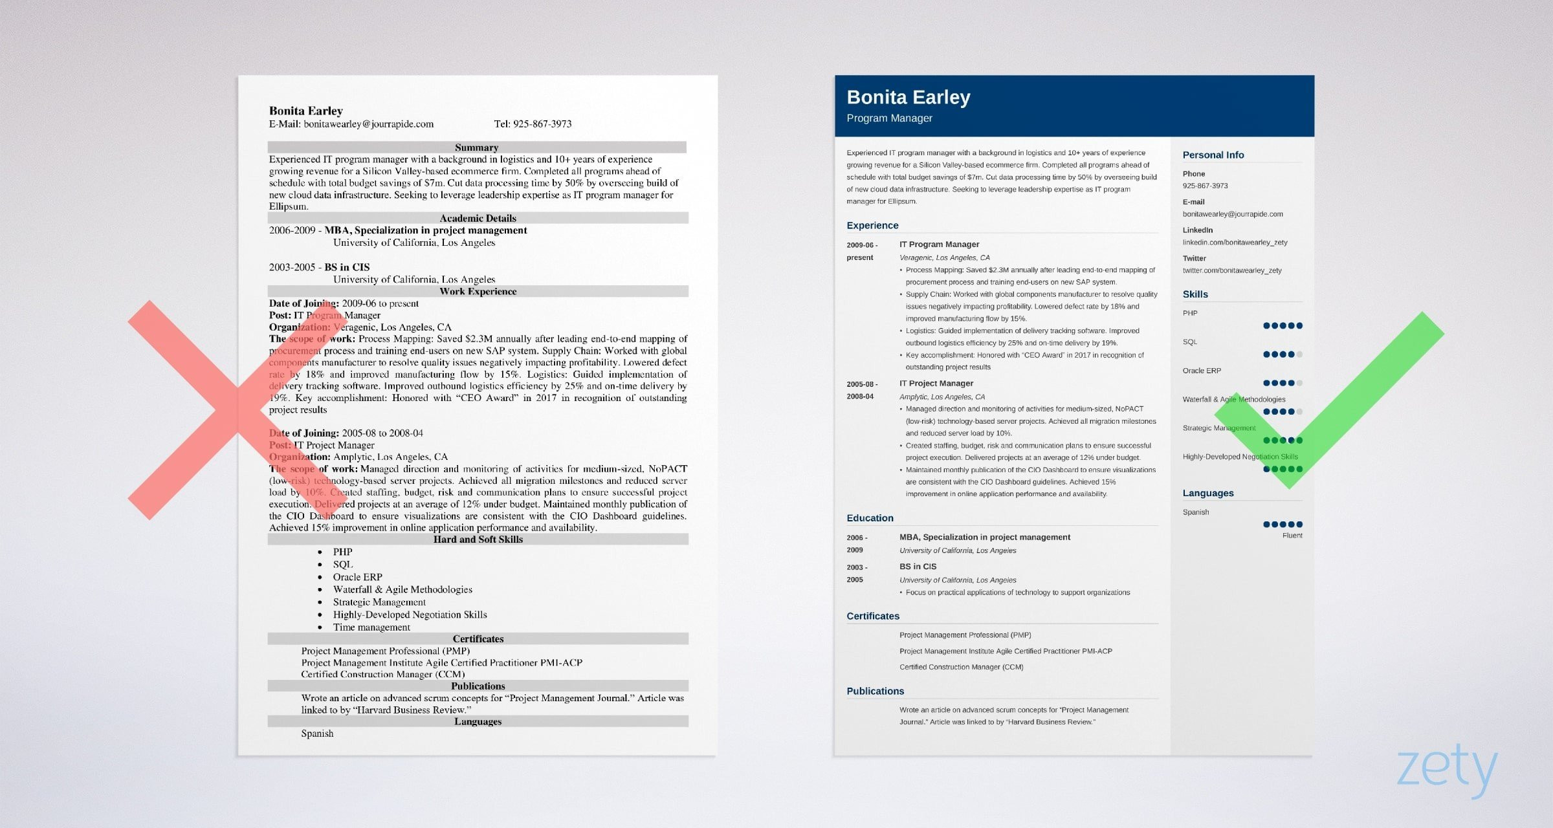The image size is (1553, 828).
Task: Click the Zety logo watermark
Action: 1447,770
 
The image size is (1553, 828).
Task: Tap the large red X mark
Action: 237,409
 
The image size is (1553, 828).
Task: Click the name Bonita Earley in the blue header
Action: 908,97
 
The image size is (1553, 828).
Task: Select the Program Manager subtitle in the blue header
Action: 889,118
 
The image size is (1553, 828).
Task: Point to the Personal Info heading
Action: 1213,155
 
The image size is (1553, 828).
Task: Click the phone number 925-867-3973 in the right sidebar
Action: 1205,186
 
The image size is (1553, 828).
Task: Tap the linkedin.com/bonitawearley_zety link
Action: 1235,243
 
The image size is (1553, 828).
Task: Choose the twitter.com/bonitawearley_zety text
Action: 1231,270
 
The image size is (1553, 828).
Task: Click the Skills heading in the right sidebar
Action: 1195,294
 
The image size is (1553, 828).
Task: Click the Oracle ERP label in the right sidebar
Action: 1202,371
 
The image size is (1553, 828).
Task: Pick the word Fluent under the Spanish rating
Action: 1292,536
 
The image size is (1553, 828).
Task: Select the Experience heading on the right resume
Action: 872,226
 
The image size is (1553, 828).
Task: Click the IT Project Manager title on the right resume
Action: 936,384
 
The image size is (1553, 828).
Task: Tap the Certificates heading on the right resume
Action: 872,616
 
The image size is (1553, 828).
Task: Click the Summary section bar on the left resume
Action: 477,147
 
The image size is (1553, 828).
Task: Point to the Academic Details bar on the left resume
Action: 478,218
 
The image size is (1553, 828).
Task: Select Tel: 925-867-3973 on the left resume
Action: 533,124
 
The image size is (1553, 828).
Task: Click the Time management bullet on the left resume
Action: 371,627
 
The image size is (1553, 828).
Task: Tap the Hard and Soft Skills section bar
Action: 478,539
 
